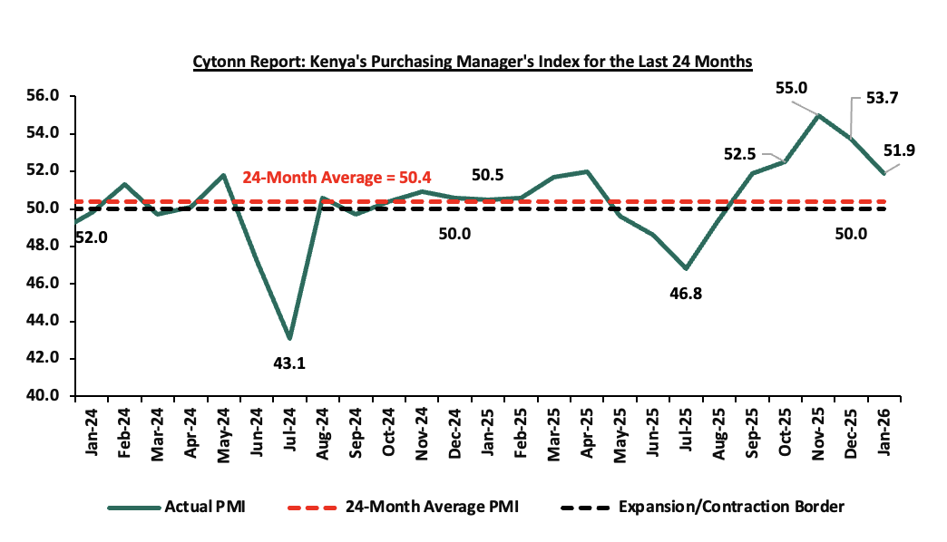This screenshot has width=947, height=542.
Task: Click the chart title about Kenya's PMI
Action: click(x=473, y=62)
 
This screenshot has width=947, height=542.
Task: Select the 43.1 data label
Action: click(x=289, y=363)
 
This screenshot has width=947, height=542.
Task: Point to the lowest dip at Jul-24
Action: click(x=289, y=338)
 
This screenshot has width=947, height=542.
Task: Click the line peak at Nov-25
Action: click(x=818, y=115)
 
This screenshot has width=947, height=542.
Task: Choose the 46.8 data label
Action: click(x=686, y=294)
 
